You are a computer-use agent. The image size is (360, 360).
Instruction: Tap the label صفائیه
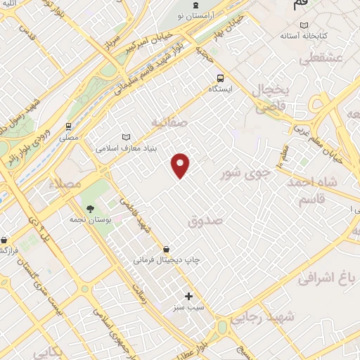(x=169, y=122)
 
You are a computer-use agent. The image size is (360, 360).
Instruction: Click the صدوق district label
(x=205, y=220)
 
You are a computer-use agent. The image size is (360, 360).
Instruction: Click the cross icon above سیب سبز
(x=188, y=296)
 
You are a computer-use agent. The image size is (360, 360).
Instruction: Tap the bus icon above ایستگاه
(x=221, y=78)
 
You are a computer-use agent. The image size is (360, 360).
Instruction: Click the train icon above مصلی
(x=68, y=127)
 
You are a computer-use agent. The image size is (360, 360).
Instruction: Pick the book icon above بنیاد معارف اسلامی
(x=127, y=137)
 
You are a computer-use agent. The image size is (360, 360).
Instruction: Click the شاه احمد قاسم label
(x=312, y=191)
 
